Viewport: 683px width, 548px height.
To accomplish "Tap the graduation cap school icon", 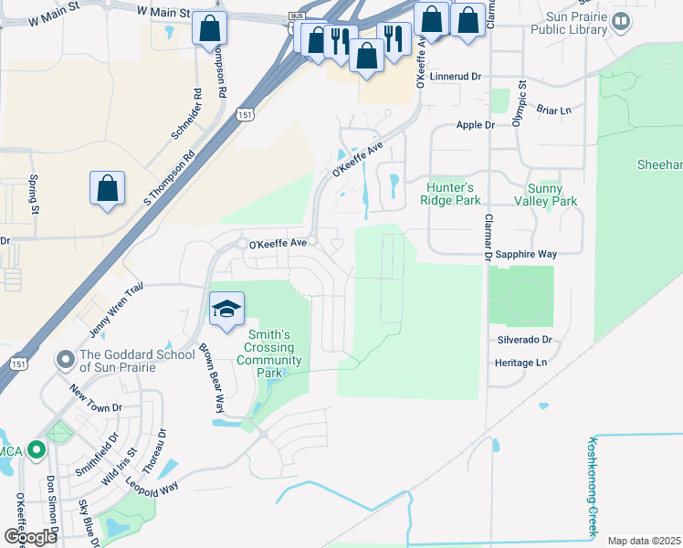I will [226, 309].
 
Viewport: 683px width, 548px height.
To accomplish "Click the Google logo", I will [30, 536].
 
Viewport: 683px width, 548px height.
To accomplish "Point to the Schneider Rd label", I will [185, 114].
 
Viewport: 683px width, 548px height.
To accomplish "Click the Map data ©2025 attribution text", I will [645, 541].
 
